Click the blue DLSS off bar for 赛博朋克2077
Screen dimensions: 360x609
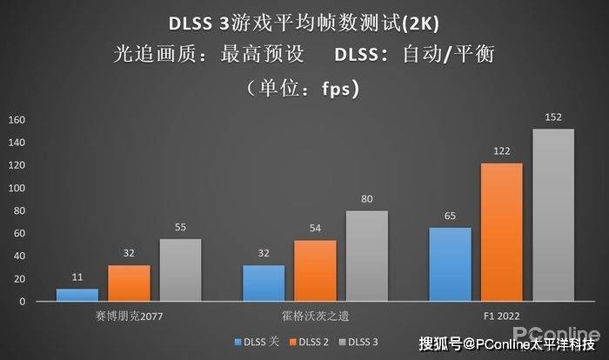pyautogui.click(x=77, y=295)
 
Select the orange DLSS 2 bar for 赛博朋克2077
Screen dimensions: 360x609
pyautogui.click(x=129, y=283)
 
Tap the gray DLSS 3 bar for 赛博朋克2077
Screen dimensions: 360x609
pyautogui.click(x=180, y=270)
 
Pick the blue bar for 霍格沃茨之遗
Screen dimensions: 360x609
pyautogui.click(x=264, y=283)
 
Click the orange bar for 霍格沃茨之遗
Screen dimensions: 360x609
pyautogui.click(x=315, y=270)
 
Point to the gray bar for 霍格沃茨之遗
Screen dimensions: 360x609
pyautogui.click(x=366, y=256)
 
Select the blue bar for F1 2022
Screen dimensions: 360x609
pyautogui.click(x=450, y=264)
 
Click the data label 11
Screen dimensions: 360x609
pyautogui.click(x=77, y=277)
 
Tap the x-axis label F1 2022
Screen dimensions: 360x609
pyautogui.click(x=502, y=317)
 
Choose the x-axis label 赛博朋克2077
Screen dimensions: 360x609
pyautogui.click(x=129, y=317)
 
